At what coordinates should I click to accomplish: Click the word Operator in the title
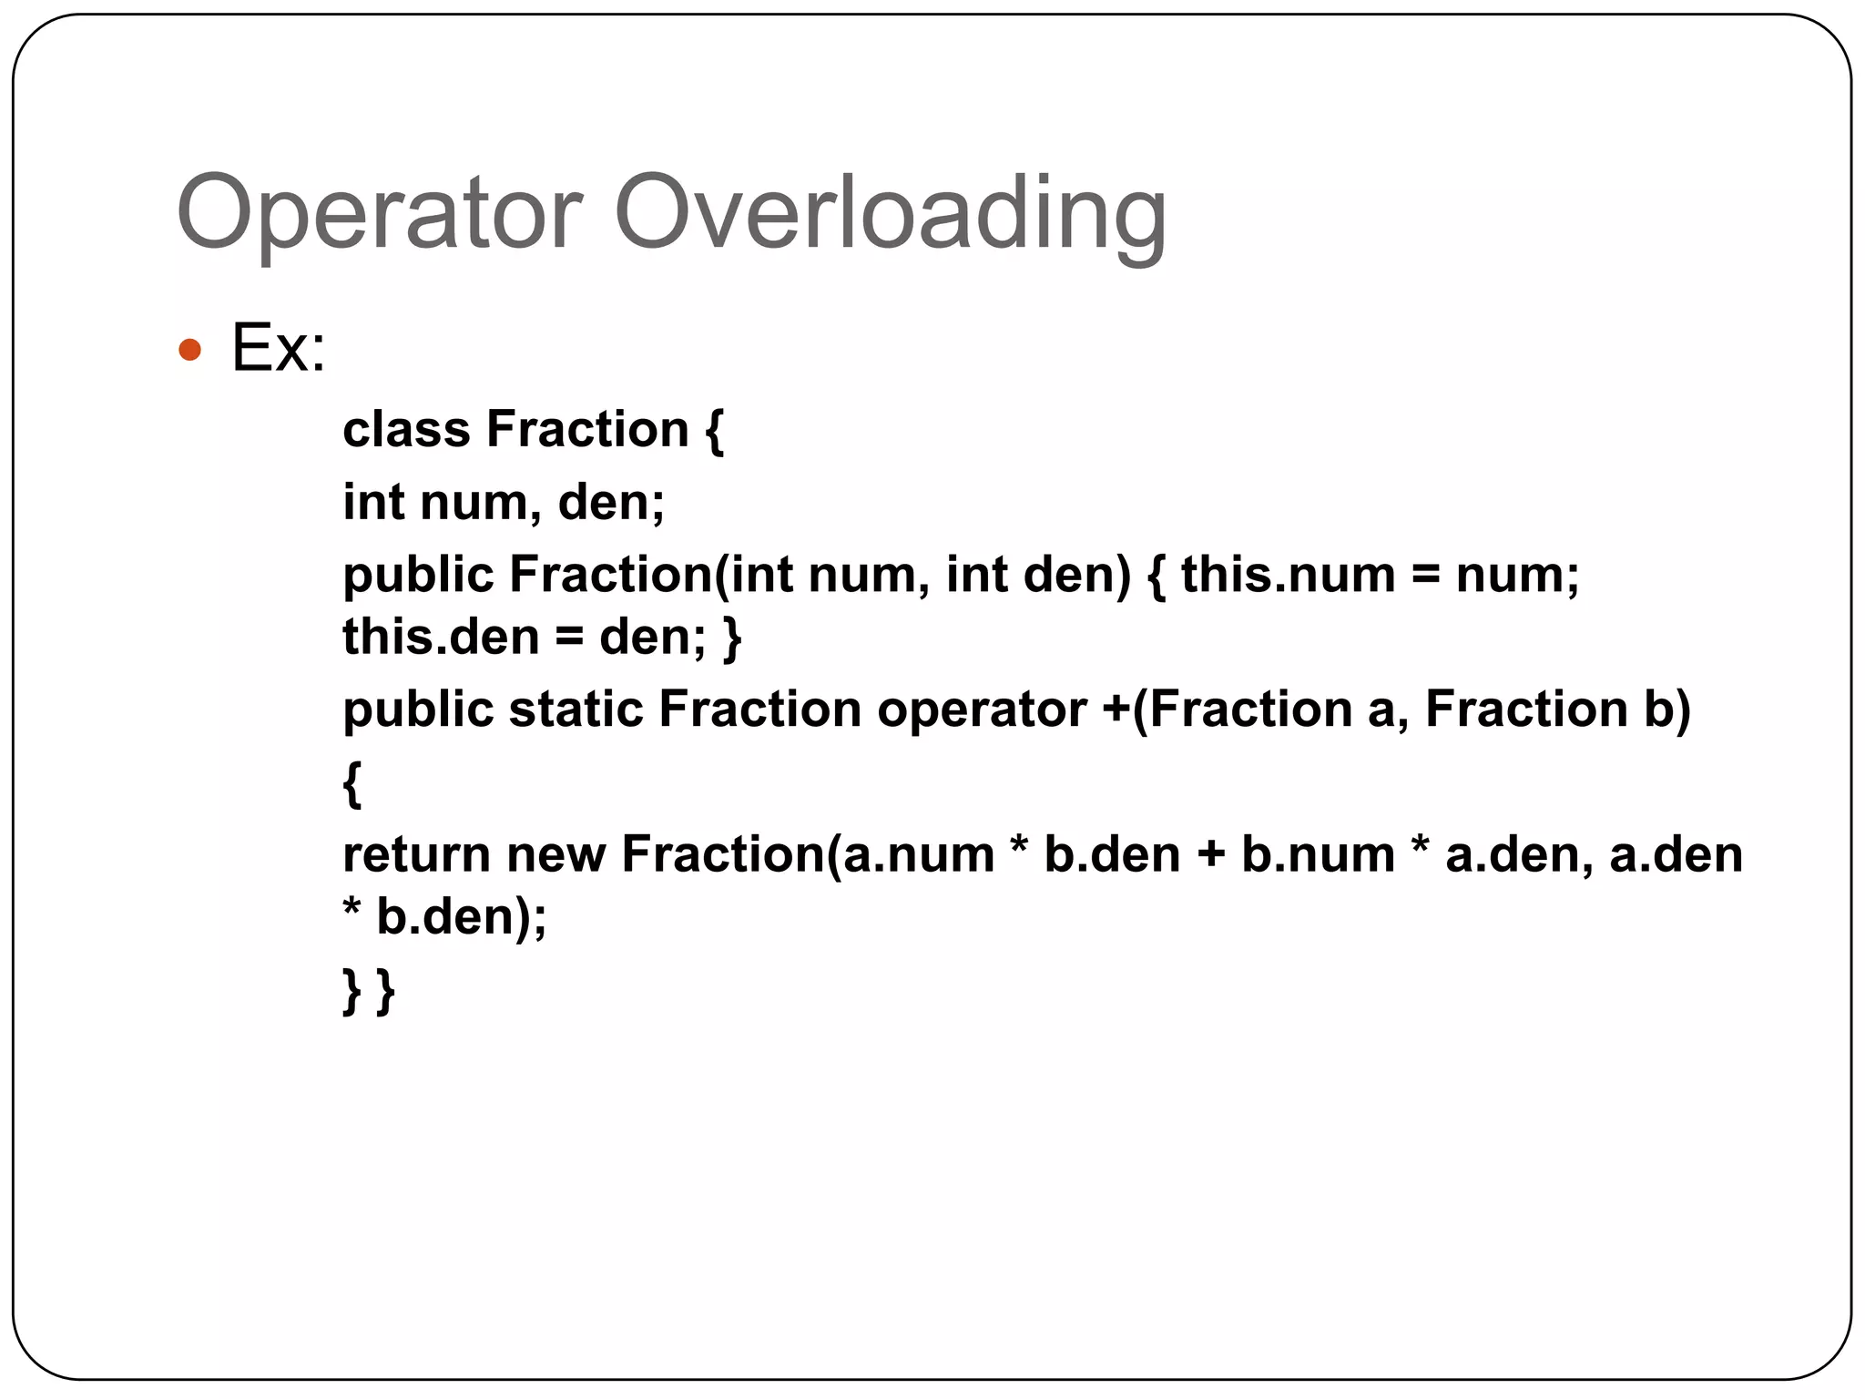(x=379, y=213)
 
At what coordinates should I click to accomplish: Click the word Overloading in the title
(x=890, y=213)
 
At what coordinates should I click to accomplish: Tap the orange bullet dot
(x=189, y=349)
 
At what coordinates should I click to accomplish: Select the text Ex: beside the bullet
(x=279, y=349)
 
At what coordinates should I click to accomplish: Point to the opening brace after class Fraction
(x=714, y=431)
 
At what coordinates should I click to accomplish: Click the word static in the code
(x=576, y=709)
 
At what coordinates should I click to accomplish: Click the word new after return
(x=555, y=855)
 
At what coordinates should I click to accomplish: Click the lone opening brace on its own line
(x=352, y=783)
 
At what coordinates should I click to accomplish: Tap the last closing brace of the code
(x=385, y=990)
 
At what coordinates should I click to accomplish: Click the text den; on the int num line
(x=611, y=502)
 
